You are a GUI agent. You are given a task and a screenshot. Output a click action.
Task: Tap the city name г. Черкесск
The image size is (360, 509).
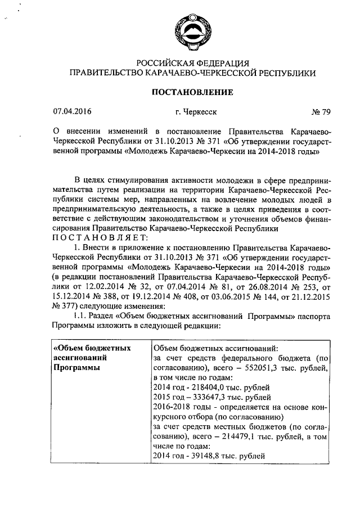click(x=195, y=111)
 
